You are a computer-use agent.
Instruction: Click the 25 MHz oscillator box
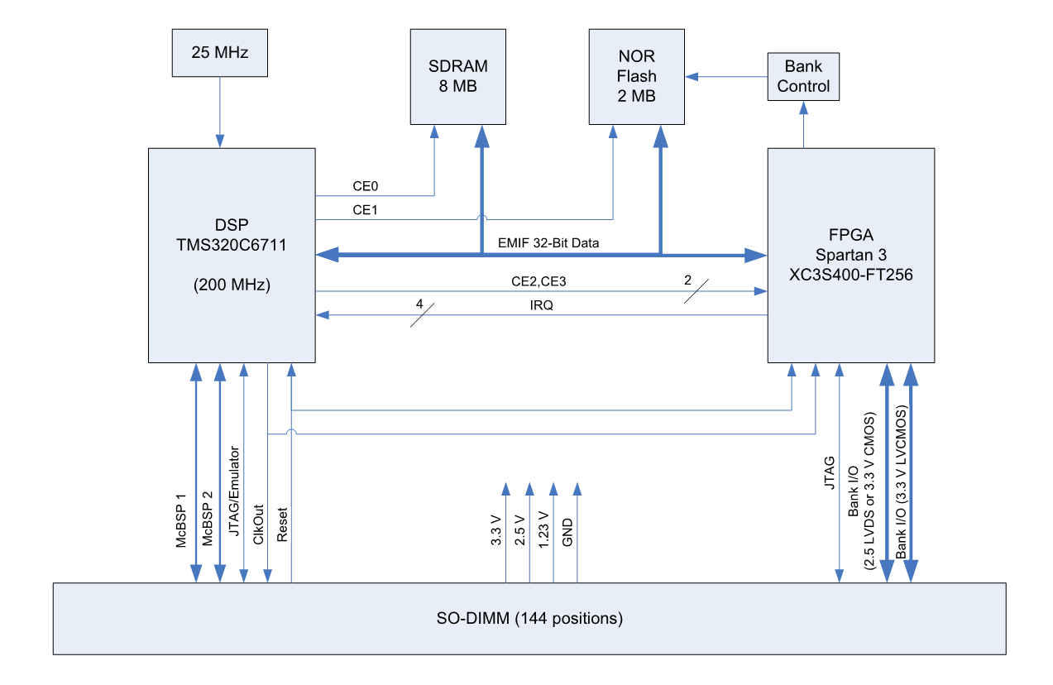click(x=219, y=51)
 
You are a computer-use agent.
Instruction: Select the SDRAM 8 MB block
click(x=457, y=76)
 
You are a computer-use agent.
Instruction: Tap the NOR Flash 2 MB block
click(x=636, y=76)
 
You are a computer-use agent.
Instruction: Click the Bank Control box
click(x=803, y=76)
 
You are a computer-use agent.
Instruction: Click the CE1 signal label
click(x=365, y=210)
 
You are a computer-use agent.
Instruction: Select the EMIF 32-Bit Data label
click(x=548, y=243)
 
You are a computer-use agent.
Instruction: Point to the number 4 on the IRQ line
click(x=419, y=305)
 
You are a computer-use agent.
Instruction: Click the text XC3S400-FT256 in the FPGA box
click(x=851, y=274)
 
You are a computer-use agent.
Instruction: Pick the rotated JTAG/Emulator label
click(x=234, y=495)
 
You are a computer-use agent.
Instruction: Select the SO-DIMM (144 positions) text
click(x=529, y=618)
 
